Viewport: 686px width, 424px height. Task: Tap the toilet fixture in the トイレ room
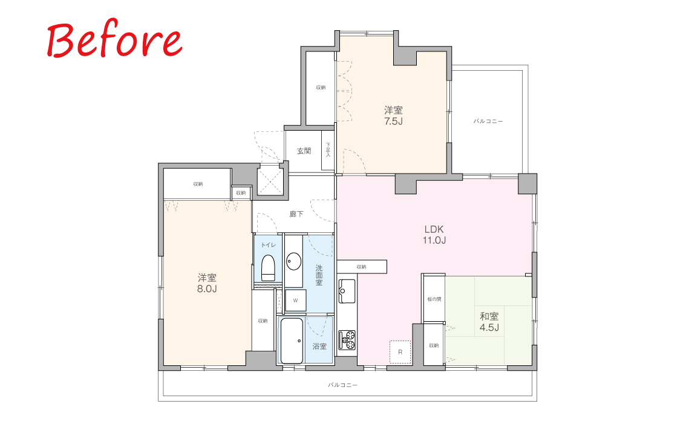pos(268,268)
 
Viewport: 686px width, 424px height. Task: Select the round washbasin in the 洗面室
pos(293,262)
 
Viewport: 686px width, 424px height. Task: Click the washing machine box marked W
pos(295,300)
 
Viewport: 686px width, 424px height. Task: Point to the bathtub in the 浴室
pos(292,341)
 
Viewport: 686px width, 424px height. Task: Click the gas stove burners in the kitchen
pos(347,340)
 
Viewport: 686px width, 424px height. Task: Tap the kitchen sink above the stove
pos(347,291)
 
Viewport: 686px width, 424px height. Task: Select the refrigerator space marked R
pos(400,352)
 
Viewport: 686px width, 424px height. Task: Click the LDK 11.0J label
pos(434,235)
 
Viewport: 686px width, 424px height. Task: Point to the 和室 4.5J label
pos(489,322)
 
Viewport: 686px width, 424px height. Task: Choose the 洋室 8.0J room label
pos(207,283)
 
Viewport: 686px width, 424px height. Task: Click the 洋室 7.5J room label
pos(393,116)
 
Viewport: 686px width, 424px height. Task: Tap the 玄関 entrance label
pos(304,151)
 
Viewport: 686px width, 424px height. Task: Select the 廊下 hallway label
pos(296,214)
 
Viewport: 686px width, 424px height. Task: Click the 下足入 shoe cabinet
pos(328,150)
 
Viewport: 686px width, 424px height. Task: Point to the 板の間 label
pos(434,299)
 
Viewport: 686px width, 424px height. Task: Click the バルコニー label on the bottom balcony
pos(343,385)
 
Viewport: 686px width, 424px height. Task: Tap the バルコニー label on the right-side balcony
pos(488,121)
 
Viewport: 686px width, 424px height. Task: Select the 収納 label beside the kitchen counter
pos(361,267)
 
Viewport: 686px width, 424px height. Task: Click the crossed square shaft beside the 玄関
pos(270,181)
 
